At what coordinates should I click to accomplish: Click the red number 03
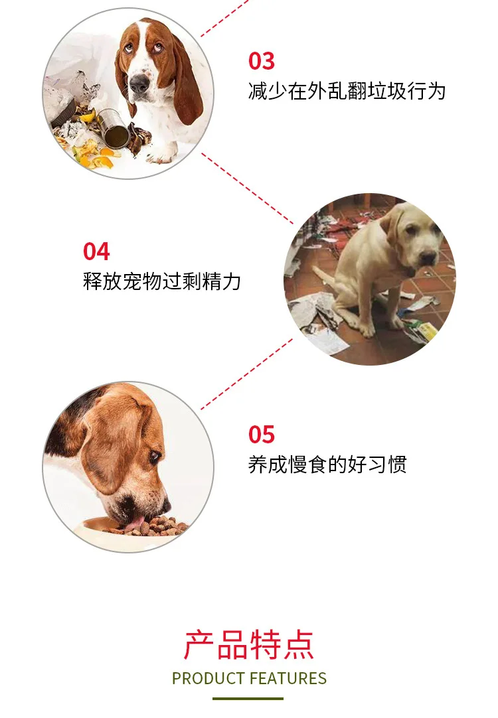click(262, 61)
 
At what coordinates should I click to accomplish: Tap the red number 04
click(96, 252)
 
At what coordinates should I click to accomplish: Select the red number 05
click(262, 435)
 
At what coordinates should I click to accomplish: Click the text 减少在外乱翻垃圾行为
click(347, 91)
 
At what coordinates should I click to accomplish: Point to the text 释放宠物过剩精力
click(162, 281)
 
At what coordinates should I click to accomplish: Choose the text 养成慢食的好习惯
click(327, 465)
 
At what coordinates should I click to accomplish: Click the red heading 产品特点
click(249, 645)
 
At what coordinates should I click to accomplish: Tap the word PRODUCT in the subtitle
click(208, 678)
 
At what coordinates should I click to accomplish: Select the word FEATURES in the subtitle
click(288, 678)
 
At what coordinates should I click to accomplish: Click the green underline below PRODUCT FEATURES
click(248, 698)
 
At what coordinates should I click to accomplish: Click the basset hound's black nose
click(139, 83)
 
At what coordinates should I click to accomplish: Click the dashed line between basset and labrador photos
click(248, 188)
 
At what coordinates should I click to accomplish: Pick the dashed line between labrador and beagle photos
click(247, 374)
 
